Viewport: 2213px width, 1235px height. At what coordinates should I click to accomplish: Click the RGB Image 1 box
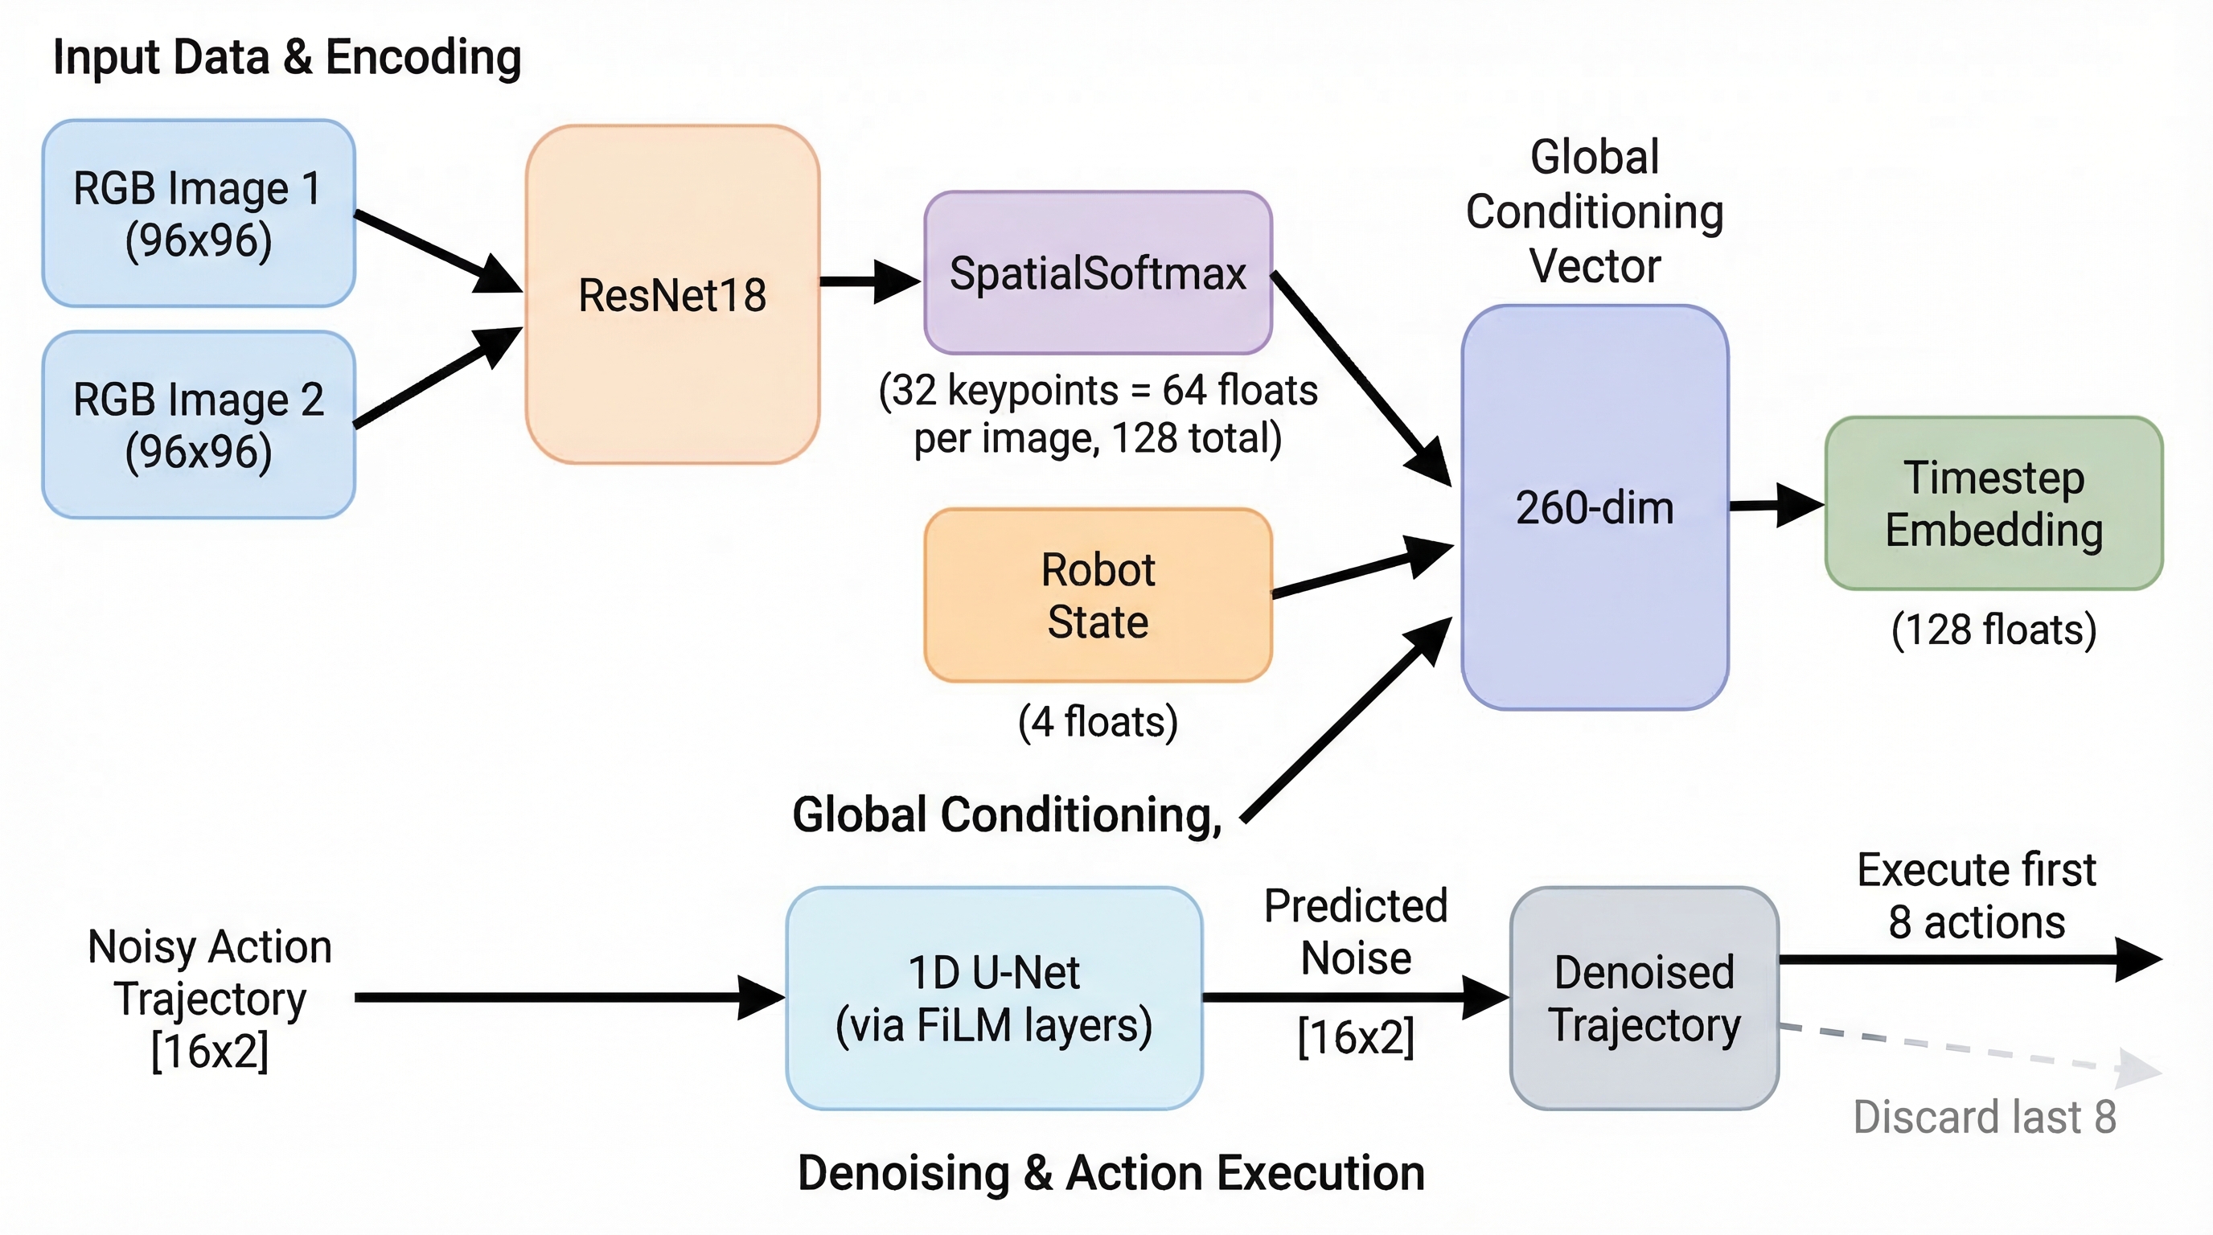point(199,213)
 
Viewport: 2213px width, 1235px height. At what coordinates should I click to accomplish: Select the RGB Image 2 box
point(199,425)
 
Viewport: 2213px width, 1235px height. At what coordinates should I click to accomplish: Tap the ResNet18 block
point(672,294)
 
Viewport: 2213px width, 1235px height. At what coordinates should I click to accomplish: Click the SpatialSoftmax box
point(1097,273)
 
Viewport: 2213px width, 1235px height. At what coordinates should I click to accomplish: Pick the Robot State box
point(1097,595)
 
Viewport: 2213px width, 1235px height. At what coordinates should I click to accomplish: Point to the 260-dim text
point(1595,507)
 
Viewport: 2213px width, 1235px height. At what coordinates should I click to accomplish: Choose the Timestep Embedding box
point(1993,503)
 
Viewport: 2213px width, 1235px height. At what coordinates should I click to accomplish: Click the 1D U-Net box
point(994,998)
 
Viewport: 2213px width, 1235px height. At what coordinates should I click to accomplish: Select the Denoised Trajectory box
point(1644,998)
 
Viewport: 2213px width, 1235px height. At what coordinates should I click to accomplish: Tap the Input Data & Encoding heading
point(287,58)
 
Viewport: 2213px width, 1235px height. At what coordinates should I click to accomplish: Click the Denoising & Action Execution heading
point(1111,1173)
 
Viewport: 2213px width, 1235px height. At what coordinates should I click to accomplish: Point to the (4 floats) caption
point(1097,721)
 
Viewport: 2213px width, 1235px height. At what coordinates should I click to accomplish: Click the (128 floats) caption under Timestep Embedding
point(1993,630)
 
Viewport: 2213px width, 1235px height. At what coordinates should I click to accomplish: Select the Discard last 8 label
point(1985,1117)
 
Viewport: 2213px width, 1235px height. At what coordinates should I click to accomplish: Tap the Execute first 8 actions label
point(1976,896)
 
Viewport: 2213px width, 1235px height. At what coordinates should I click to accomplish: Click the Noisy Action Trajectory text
point(210,998)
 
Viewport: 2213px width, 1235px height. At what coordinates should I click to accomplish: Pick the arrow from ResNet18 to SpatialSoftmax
point(868,281)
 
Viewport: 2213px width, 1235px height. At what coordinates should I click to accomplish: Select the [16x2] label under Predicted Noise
point(1356,1036)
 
